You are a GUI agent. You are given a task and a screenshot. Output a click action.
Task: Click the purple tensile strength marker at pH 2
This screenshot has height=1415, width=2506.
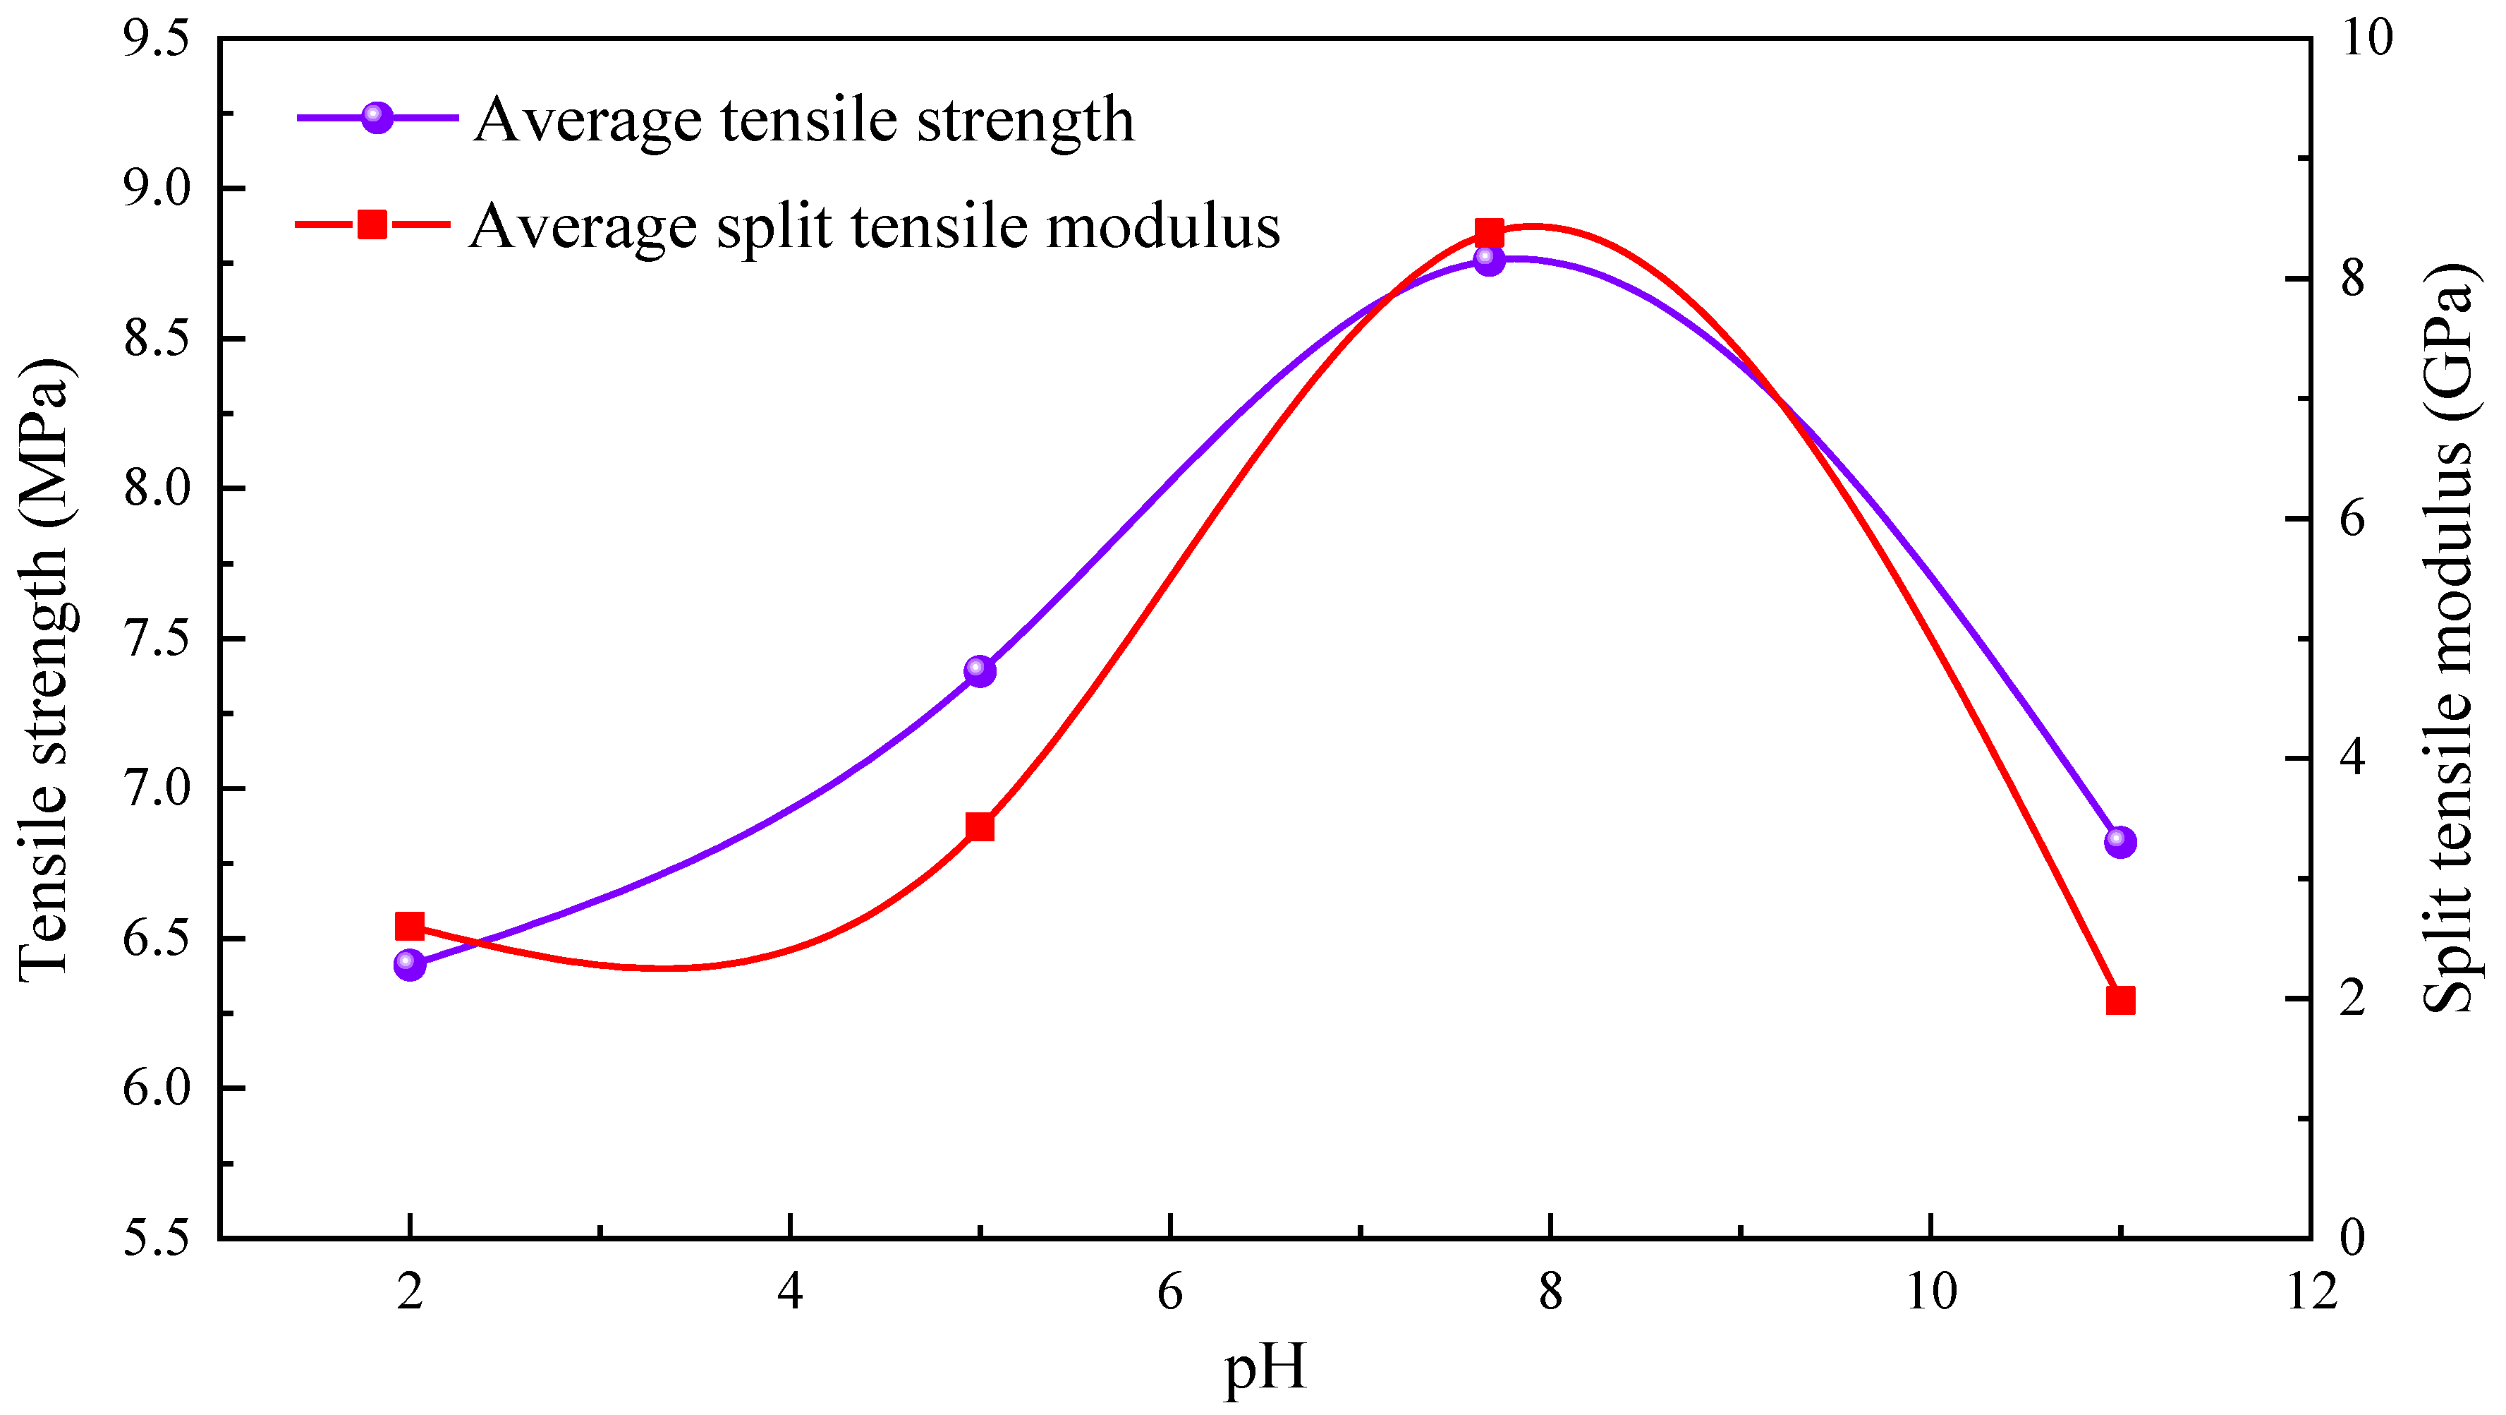click(x=410, y=965)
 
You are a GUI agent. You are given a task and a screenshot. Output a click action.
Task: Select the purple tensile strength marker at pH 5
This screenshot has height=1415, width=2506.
click(x=980, y=670)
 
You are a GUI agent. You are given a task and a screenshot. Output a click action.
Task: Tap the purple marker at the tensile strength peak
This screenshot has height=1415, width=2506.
click(x=1488, y=260)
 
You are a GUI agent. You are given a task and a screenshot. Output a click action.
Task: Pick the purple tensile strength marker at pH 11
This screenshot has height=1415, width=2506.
click(x=2119, y=842)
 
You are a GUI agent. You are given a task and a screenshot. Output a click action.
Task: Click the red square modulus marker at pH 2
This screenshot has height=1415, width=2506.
click(x=410, y=927)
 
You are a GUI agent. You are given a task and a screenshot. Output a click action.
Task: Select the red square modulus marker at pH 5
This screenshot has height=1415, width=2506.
click(x=980, y=827)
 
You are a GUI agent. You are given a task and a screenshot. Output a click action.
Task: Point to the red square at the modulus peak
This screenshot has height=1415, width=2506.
click(x=1488, y=234)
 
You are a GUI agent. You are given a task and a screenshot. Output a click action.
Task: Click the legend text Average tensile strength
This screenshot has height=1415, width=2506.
click(x=803, y=121)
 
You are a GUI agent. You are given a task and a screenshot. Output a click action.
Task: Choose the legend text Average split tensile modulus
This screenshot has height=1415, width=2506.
click(x=874, y=227)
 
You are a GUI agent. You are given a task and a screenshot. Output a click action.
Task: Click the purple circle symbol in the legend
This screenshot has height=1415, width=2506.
click(x=377, y=118)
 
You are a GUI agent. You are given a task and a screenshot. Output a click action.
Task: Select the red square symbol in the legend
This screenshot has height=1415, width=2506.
click(x=372, y=225)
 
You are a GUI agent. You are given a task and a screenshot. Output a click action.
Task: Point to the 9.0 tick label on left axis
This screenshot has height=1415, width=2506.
click(x=156, y=188)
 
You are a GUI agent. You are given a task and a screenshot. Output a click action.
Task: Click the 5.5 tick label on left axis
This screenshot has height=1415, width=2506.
click(x=156, y=1238)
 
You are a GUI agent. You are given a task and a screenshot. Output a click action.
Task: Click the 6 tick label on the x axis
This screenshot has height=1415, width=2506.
click(x=1169, y=1292)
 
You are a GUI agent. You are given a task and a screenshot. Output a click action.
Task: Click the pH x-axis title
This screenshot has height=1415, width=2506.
click(x=1264, y=1367)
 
